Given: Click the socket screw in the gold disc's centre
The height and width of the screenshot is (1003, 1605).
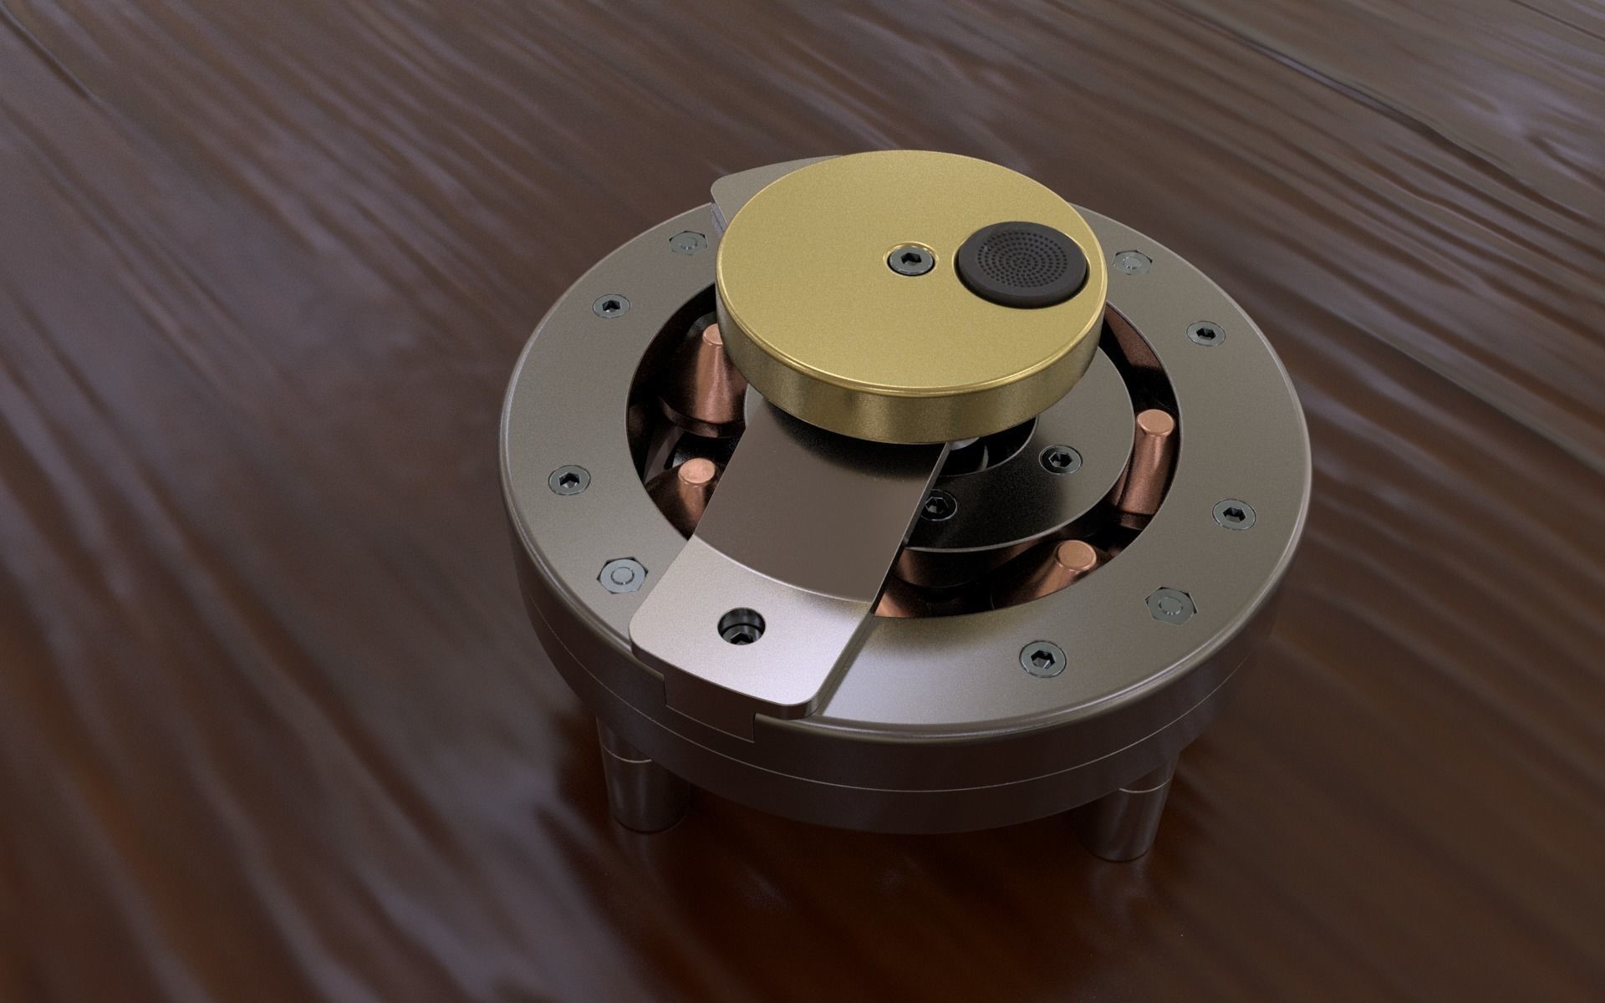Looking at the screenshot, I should [909, 260].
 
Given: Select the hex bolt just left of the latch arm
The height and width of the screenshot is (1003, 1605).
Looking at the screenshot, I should [620, 575].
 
